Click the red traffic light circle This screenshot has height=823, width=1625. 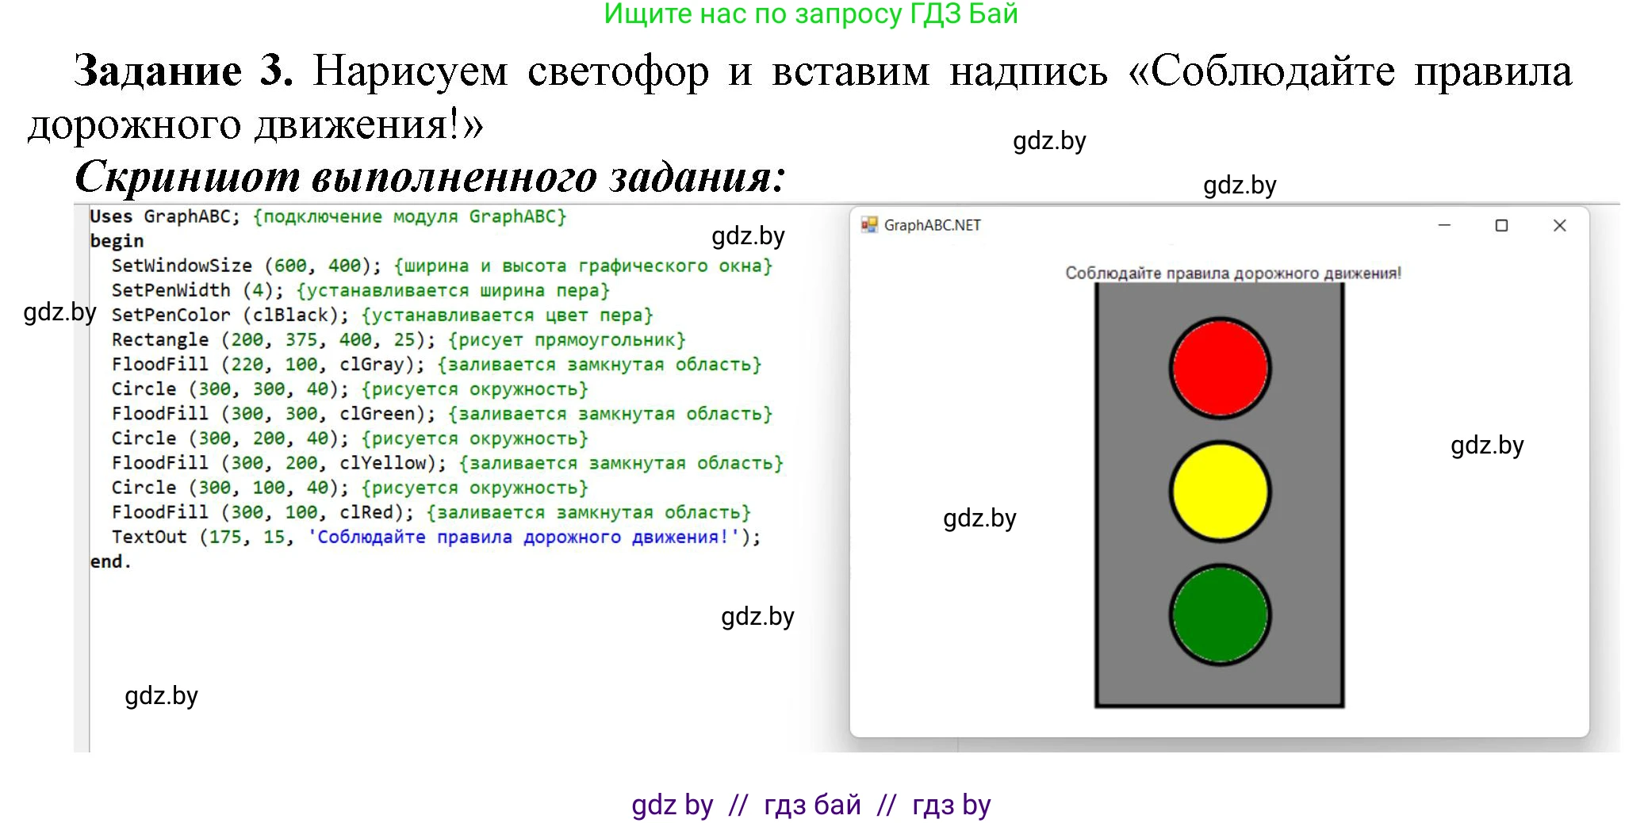click(x=1220, y=368)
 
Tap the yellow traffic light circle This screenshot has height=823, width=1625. click(x=1220, y=492)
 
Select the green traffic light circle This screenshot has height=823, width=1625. click(x=1220, y=614)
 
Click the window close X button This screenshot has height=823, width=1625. click(x=1559, y=225)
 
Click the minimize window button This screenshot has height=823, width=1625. click(x=1444, y=225)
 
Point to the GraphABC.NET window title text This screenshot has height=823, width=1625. click(x=932, y=225)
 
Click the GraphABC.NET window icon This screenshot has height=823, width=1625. click(x=869, y=225)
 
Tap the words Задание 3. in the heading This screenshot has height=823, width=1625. click(x=183, y=71)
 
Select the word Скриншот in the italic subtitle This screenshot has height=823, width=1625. click(x=187, y=176)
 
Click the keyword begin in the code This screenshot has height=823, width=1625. click(x=117, y=241)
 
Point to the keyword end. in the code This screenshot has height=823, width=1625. click(x=110, y=561)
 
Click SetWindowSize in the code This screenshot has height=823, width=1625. click(x=182, y=266)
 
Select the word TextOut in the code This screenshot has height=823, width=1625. click(x=149, y=537)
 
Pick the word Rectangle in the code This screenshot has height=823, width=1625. click(x=160, y=339)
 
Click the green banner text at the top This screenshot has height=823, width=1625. click(x=811, y=14)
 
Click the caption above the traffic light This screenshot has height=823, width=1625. click(x=1233, y=274)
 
